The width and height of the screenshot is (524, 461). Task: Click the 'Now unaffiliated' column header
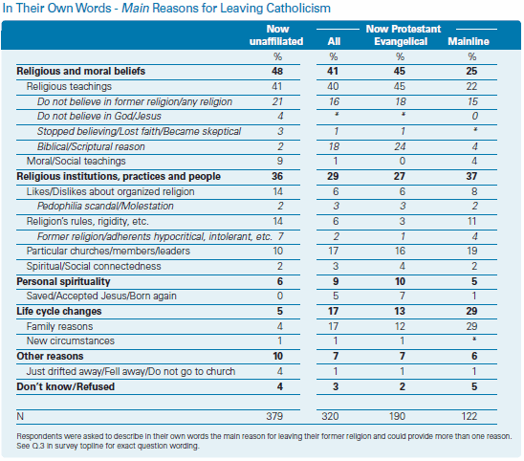pyautogui.click(x=276, y=35)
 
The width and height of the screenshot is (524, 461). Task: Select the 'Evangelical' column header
pyautogui.click(x=401, y=41)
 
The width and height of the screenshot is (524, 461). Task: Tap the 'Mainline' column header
pyautogui.click(x=469, y=41)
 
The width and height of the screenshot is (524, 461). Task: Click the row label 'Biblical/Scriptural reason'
pyautogui.click(x=91, y=146)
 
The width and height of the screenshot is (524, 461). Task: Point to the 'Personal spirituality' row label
pyautogui.click(x=63, y=281)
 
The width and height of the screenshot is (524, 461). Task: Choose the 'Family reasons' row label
pyautogui.click(x=59, y=326)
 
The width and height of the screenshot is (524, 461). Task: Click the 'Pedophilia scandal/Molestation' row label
pyautogui.click(x=105, y=206)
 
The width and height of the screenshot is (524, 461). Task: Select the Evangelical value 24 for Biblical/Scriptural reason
pyautogui.click(x=400, y=146)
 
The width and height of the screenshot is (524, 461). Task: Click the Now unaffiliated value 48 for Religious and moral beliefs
pyautogui.click(x=277, y=71)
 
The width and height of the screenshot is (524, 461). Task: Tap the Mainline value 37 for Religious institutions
pyautogui.click(x=471, y=176)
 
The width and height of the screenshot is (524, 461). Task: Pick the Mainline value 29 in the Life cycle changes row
pyautogui.click(x=471, y=311)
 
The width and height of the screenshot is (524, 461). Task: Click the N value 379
pyautogui.click(x=274, y=416)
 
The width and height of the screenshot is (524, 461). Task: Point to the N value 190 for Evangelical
pyautogui.click(x=397, y=416)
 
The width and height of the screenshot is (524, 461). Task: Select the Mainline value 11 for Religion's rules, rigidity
pyautogui.click(x=471, y=221)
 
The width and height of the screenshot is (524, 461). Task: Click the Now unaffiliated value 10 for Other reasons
pyautogui.click(x=277, y=356)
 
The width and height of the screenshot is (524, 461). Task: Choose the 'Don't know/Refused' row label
pyautogui.click(x=65, y=386)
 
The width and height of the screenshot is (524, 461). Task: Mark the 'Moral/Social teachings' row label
pyautogui.click(x=76, y=161)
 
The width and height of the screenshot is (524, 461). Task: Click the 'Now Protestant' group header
pyautogui.click(x=404, y=29)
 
